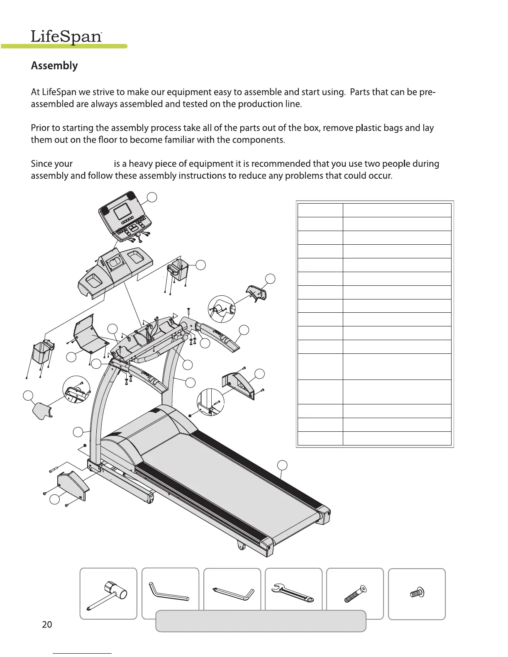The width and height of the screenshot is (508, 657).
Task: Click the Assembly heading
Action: click(54, 66)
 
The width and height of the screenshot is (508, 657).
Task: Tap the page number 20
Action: click(47, 624)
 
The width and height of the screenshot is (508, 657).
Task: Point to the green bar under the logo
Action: click(64, 46)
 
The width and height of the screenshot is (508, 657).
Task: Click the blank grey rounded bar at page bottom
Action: click(261, 621)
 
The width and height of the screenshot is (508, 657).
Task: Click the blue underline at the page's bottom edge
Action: click(83, 653)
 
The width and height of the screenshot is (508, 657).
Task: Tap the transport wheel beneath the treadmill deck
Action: click(241, 546)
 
